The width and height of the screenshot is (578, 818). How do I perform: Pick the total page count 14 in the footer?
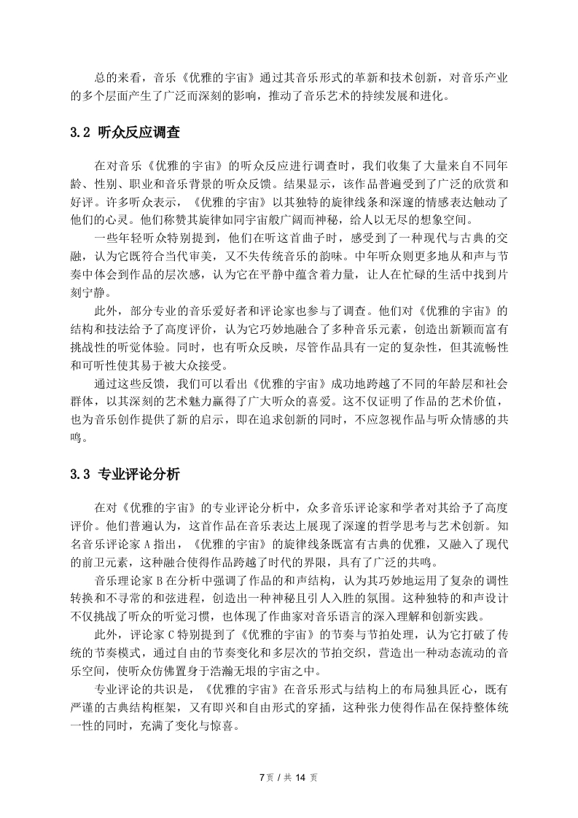tap(299, 777)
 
